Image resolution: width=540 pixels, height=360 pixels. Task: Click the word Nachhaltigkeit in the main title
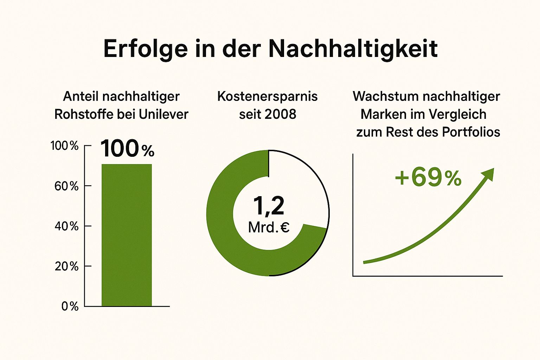pos(353,49)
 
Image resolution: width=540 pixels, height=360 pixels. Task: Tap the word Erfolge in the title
pos(146,49)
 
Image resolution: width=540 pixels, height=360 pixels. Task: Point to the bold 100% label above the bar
pos(127,149)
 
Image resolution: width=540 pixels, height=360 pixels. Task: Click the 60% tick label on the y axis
pos(66,186)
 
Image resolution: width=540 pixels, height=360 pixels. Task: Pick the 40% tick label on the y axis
pos(66,226)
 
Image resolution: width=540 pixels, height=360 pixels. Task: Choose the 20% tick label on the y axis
pos(66,266)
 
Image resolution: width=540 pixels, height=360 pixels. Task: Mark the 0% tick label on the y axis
pos(70,307)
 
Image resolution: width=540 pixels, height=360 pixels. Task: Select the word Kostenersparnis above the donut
pos(267,96)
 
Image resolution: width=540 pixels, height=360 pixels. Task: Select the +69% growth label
pos(428,178)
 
